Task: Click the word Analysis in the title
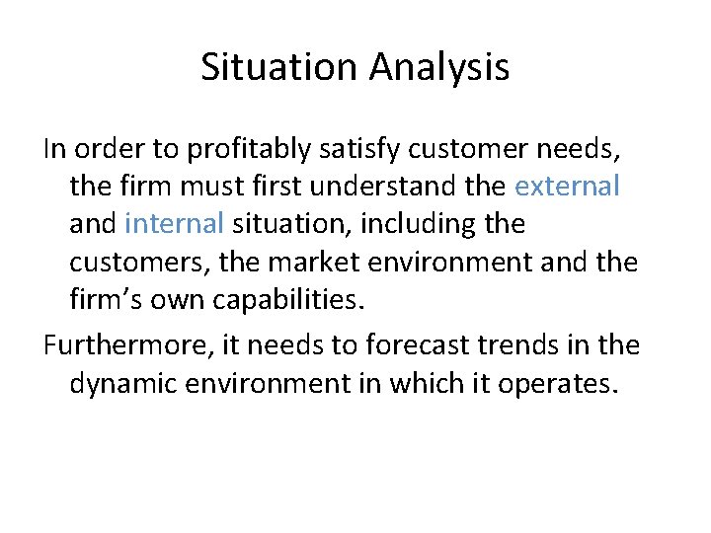click(440, 68)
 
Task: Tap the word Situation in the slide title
click(280, 68)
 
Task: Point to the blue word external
click(567, 187)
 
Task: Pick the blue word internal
click(175, 225)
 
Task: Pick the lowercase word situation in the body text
click(290, 225)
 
